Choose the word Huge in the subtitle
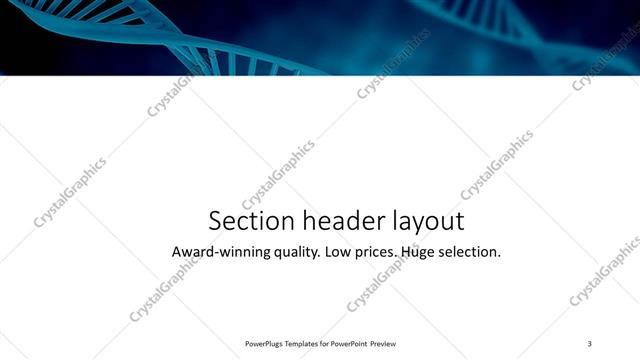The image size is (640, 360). click(418, 253)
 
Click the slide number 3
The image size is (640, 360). click(590, 343)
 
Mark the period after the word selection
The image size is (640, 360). click(498, 257)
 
